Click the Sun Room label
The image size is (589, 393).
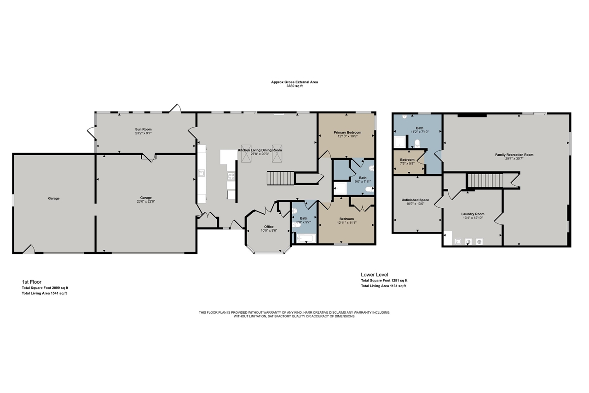143,129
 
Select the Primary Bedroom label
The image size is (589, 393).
347,132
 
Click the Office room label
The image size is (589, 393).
269,226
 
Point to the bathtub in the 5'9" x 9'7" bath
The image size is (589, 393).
305,238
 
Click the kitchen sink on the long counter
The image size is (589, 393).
202,173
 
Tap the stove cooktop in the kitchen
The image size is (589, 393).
231,176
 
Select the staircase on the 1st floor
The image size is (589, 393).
281,177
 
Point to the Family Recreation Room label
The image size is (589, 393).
514,155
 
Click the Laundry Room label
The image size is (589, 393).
473,214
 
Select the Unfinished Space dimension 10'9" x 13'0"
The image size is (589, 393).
415,204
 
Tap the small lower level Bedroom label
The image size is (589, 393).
407,160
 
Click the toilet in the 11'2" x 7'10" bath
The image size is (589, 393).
417,143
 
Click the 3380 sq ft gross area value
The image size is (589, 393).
294,86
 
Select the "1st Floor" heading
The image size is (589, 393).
32,282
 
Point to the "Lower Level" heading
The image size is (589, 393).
375,274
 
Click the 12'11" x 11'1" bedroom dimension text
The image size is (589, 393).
346,223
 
